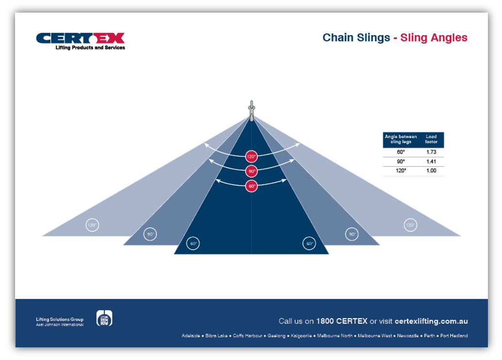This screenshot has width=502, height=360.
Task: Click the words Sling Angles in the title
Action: coord(434,38)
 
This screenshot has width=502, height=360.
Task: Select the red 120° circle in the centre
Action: coord(251,156)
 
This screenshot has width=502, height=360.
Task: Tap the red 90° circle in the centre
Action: coord(251,171)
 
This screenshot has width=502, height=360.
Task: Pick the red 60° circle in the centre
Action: coord(251,186)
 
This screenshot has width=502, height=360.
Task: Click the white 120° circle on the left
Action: coord(92,225)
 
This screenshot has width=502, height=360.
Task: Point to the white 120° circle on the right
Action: coord(410,225)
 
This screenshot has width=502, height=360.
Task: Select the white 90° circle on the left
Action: coord(151,234)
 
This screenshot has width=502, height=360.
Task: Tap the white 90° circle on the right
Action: coord(352,234)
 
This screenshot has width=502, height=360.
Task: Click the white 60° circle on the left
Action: coord(193,243)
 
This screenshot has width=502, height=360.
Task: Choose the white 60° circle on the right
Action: coord(309,243)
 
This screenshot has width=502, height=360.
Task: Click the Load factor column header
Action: coord(431,139)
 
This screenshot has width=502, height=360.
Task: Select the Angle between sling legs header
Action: coord(401,139)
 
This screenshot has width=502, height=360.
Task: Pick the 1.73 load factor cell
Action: coord(431,152)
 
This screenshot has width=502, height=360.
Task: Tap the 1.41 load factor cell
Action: coord(431,161)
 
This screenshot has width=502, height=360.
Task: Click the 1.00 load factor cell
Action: coord(431,171)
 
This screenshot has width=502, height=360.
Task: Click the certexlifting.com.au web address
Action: coord(431,321)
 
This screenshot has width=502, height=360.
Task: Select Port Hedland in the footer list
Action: coord(454,336)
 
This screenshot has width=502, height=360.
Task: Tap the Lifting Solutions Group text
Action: coord(60,319)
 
